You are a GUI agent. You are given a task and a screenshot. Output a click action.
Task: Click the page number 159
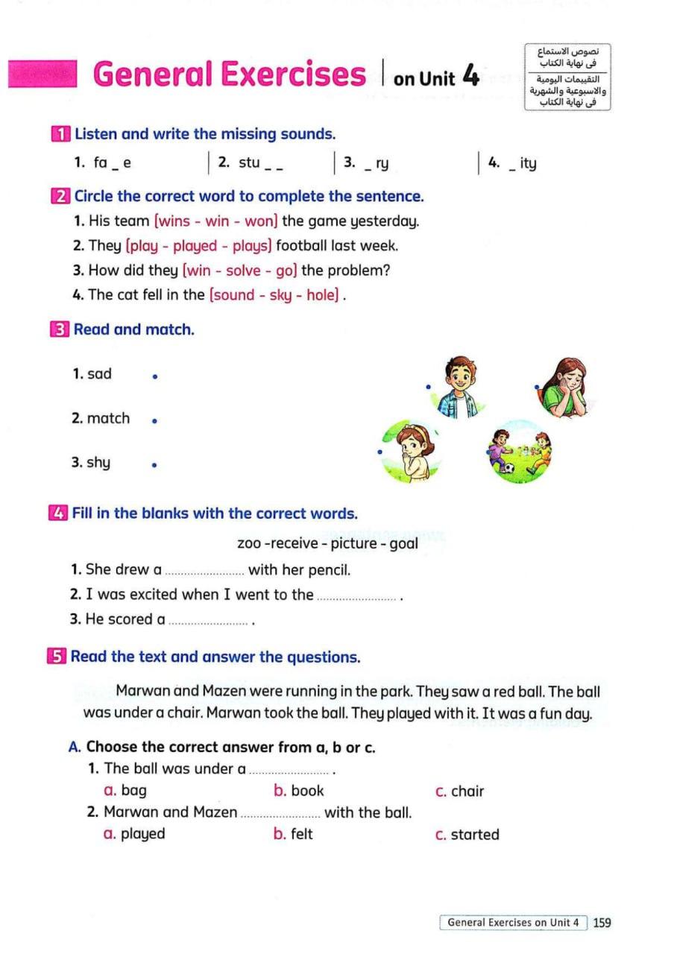pos(602,923)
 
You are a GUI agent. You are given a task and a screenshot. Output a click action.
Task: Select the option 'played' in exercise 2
pos(195,246)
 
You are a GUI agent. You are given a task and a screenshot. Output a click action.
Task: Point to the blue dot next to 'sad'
pos(154,377)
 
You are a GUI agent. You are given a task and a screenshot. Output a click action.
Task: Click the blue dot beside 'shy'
pos(154,465)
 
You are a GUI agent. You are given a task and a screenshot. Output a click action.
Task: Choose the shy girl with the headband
pos(409,450)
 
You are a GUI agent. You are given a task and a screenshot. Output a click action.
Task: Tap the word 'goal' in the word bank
pos(403,543)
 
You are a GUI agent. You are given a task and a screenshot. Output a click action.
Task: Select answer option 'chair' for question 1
pos(467,791)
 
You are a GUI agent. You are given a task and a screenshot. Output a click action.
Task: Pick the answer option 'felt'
pos(302,834)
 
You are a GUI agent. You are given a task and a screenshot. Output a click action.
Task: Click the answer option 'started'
pos(475,834)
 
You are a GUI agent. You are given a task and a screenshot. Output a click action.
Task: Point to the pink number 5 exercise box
pos(56,657)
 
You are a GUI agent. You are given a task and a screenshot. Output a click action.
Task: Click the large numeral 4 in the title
pos(470,75)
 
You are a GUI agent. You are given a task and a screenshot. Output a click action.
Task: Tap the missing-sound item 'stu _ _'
pos(251,163)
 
